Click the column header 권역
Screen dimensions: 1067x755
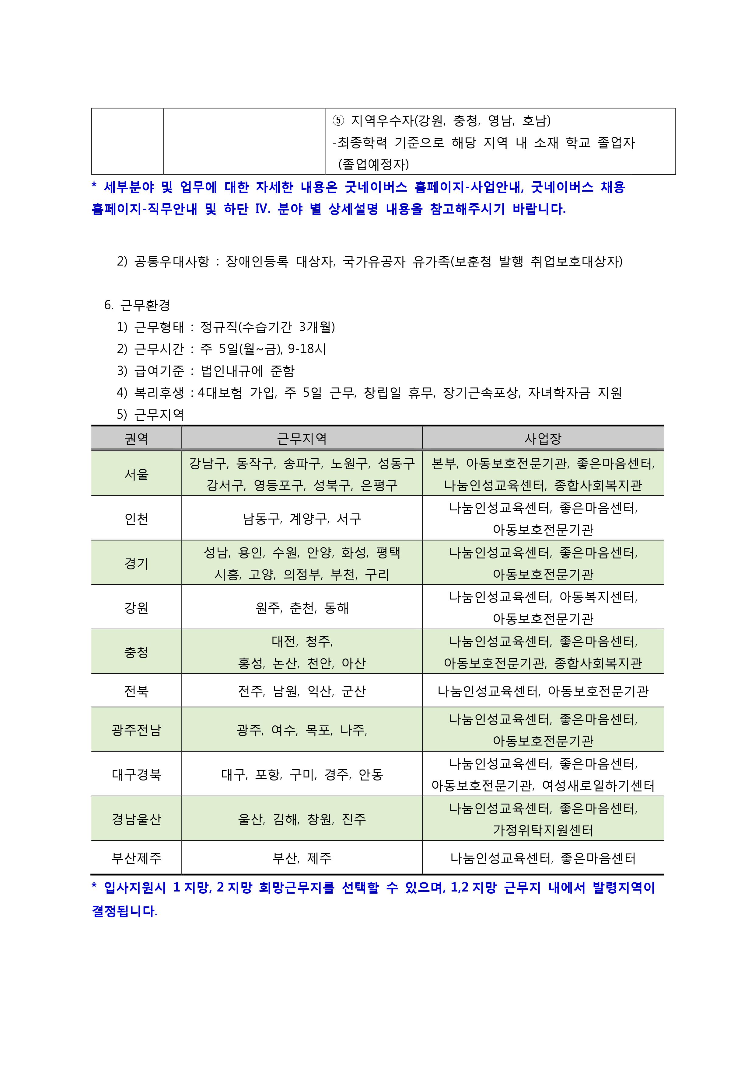click(x=136, y=438)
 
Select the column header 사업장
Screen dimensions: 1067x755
click(x=543, y=438)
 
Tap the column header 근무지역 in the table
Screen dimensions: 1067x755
click(x=302, y=438)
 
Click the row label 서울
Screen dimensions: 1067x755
click(x=136, y=474)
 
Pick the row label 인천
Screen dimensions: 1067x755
click(x=136, y=518)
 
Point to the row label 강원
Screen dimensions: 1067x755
click(x=136, y=607)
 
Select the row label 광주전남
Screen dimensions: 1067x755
click(x=136, y=730)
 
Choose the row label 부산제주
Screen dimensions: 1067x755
click(x=136, y=857)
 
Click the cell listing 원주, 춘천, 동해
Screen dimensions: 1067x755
click(x=302, y=607)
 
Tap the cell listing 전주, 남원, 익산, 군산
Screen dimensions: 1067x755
click(x=302, y=691)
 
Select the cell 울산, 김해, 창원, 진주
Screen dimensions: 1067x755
click(x=302, y=819)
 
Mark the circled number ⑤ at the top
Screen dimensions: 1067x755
click(x=338, y=121)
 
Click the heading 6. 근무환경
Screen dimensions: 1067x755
click(x=137, y=305)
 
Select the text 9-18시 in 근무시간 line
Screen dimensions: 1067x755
click(x=307, y=349)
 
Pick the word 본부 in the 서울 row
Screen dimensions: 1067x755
click(x=444, y=463)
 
